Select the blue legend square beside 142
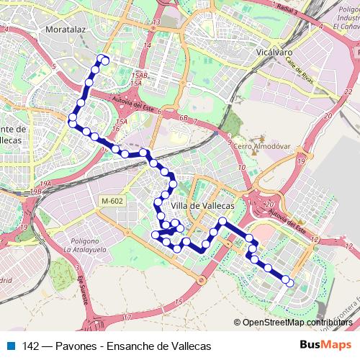[x=9, y=346]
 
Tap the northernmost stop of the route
[x=106, y=60]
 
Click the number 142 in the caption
[x=31, y=346]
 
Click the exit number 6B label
[x=184, y=117]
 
